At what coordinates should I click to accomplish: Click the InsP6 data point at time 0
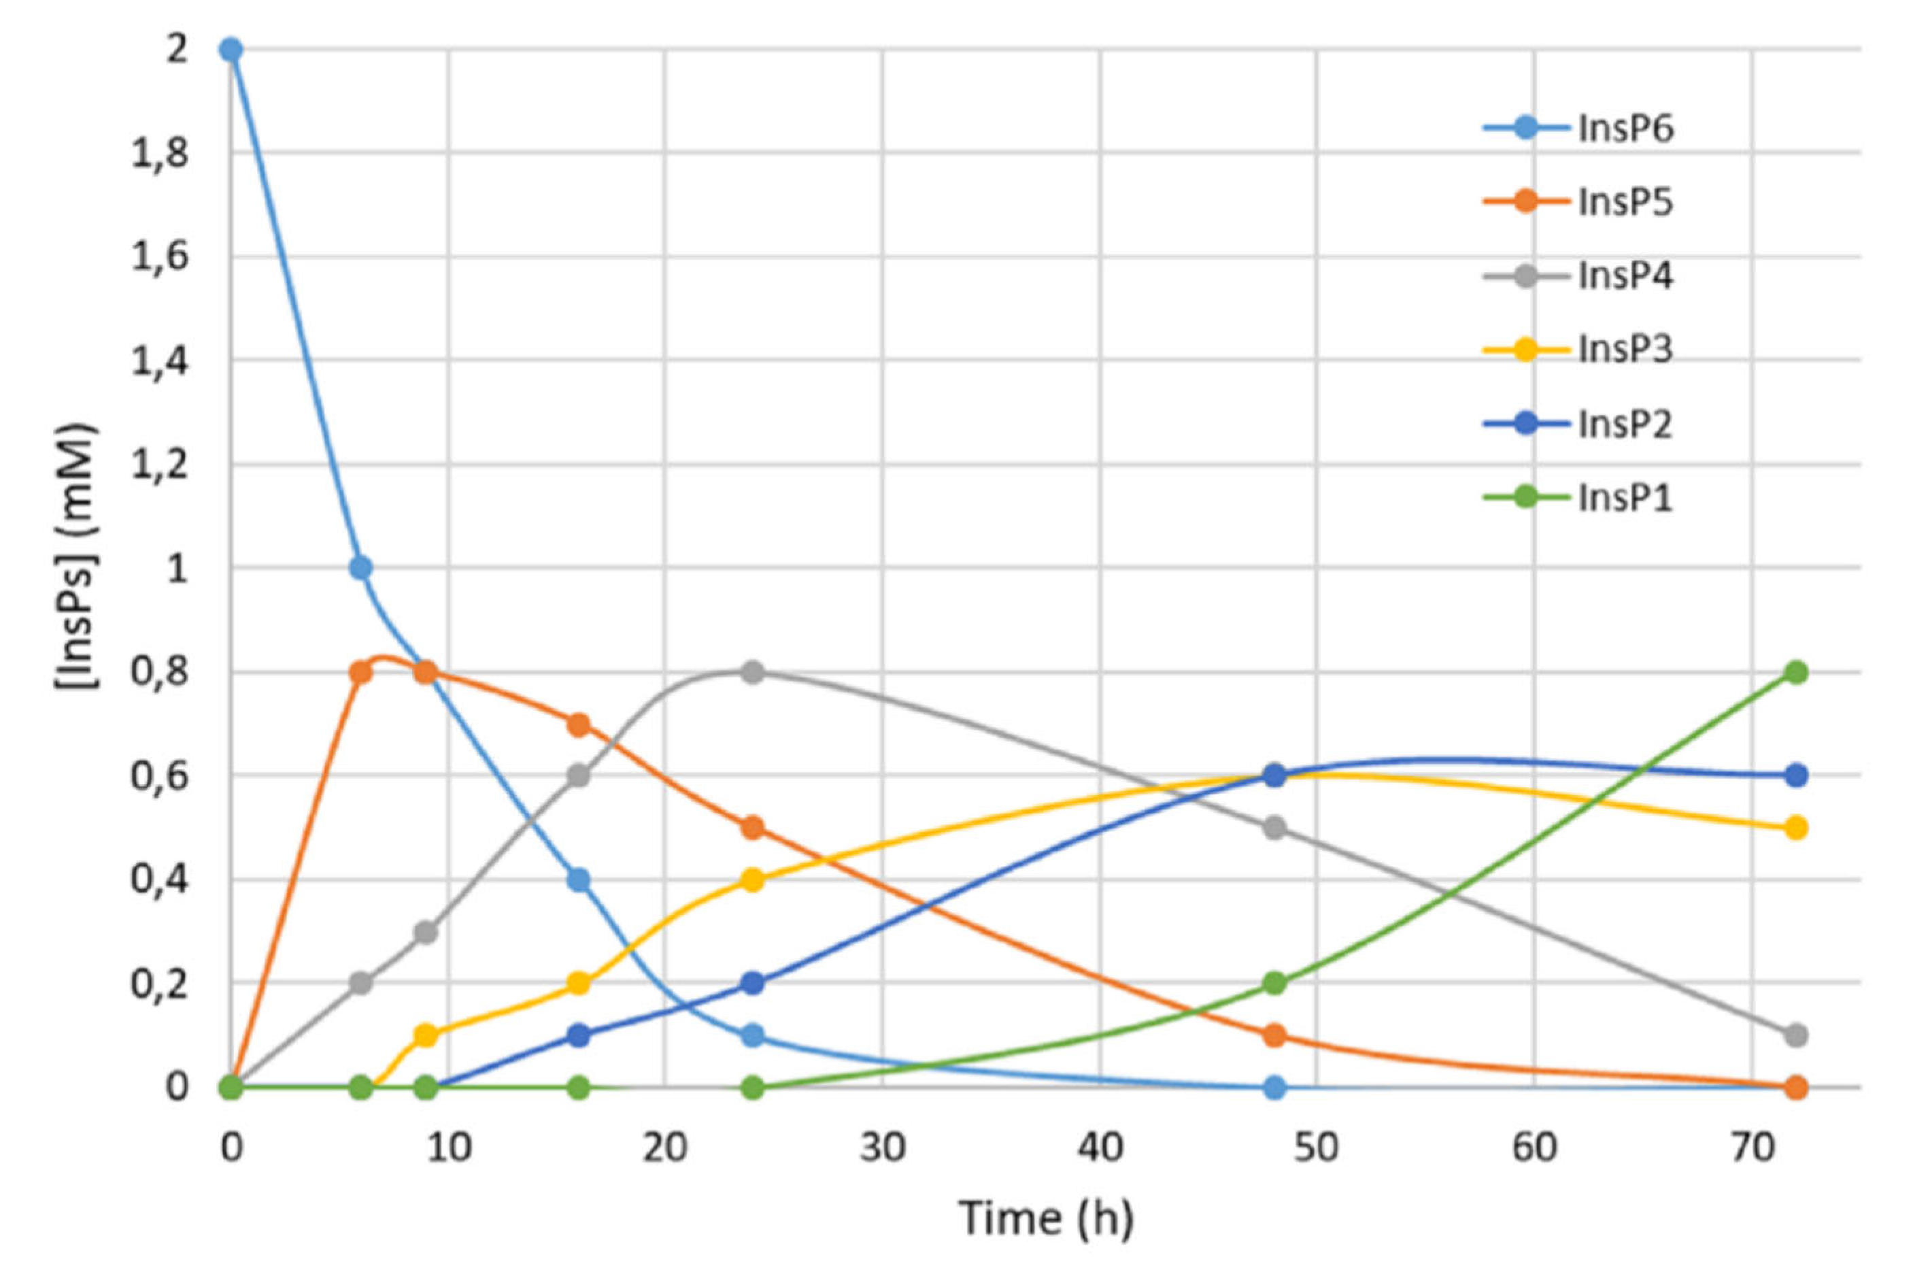[231, 50]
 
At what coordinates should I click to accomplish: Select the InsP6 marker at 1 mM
[361, 568]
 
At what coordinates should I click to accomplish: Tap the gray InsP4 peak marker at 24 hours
[753, 671]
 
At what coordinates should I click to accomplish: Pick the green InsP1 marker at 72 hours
[1796, 671]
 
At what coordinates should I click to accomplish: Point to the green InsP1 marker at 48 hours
[1275, 983]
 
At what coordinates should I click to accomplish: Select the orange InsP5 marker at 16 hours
[578, 724]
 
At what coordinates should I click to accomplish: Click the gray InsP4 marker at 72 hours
[1796, 1035]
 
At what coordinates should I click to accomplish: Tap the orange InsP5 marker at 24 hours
[753, 827]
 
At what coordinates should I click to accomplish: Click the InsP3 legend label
[1624, 350]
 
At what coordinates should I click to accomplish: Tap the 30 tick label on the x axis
[882, 1149]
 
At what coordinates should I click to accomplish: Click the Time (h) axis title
[1046, 1218]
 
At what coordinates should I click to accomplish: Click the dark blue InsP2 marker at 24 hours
[753, 983]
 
